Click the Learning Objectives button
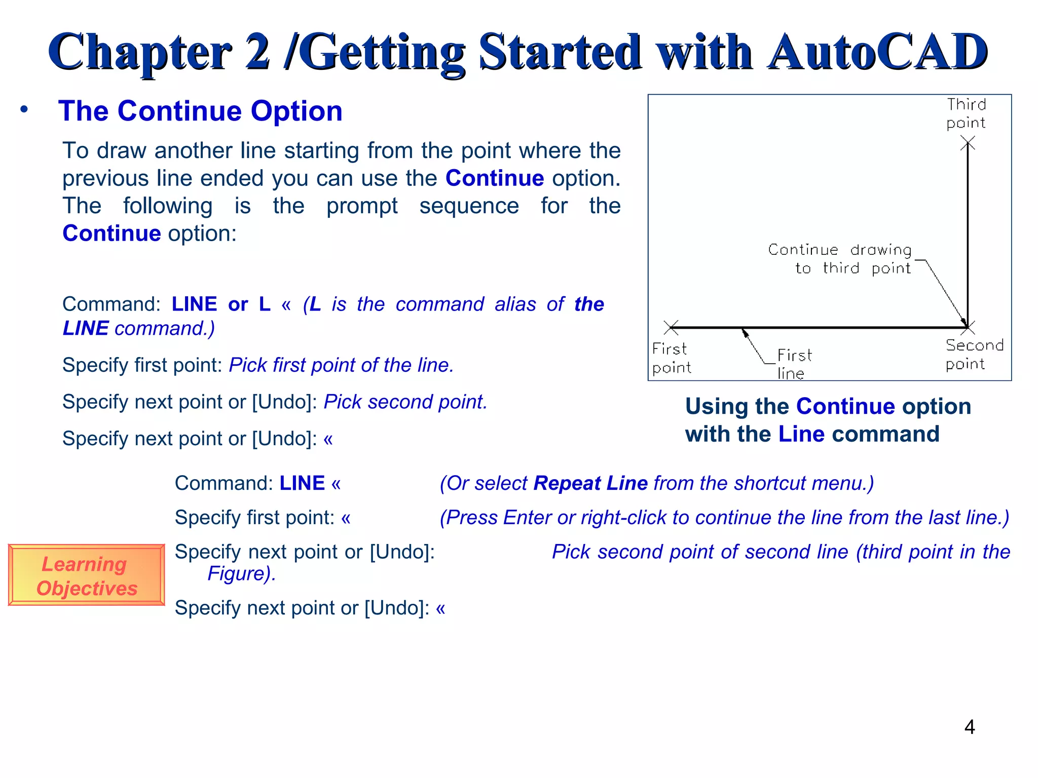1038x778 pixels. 86,575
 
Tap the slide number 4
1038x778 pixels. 969,727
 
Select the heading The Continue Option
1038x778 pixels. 200,111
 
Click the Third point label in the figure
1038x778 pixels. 966,113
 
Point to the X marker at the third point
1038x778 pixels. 968,145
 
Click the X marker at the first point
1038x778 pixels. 671,327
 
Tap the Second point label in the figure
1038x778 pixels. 973,355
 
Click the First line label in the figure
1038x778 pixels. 794,364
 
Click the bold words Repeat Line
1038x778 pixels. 590,483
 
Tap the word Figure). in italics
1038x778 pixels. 242,574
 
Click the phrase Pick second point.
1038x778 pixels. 405,402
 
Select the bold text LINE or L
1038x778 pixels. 221,304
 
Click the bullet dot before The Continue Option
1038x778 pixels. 24,109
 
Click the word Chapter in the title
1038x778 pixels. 140,52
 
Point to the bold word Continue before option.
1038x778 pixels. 494,178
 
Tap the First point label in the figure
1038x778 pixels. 671,358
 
